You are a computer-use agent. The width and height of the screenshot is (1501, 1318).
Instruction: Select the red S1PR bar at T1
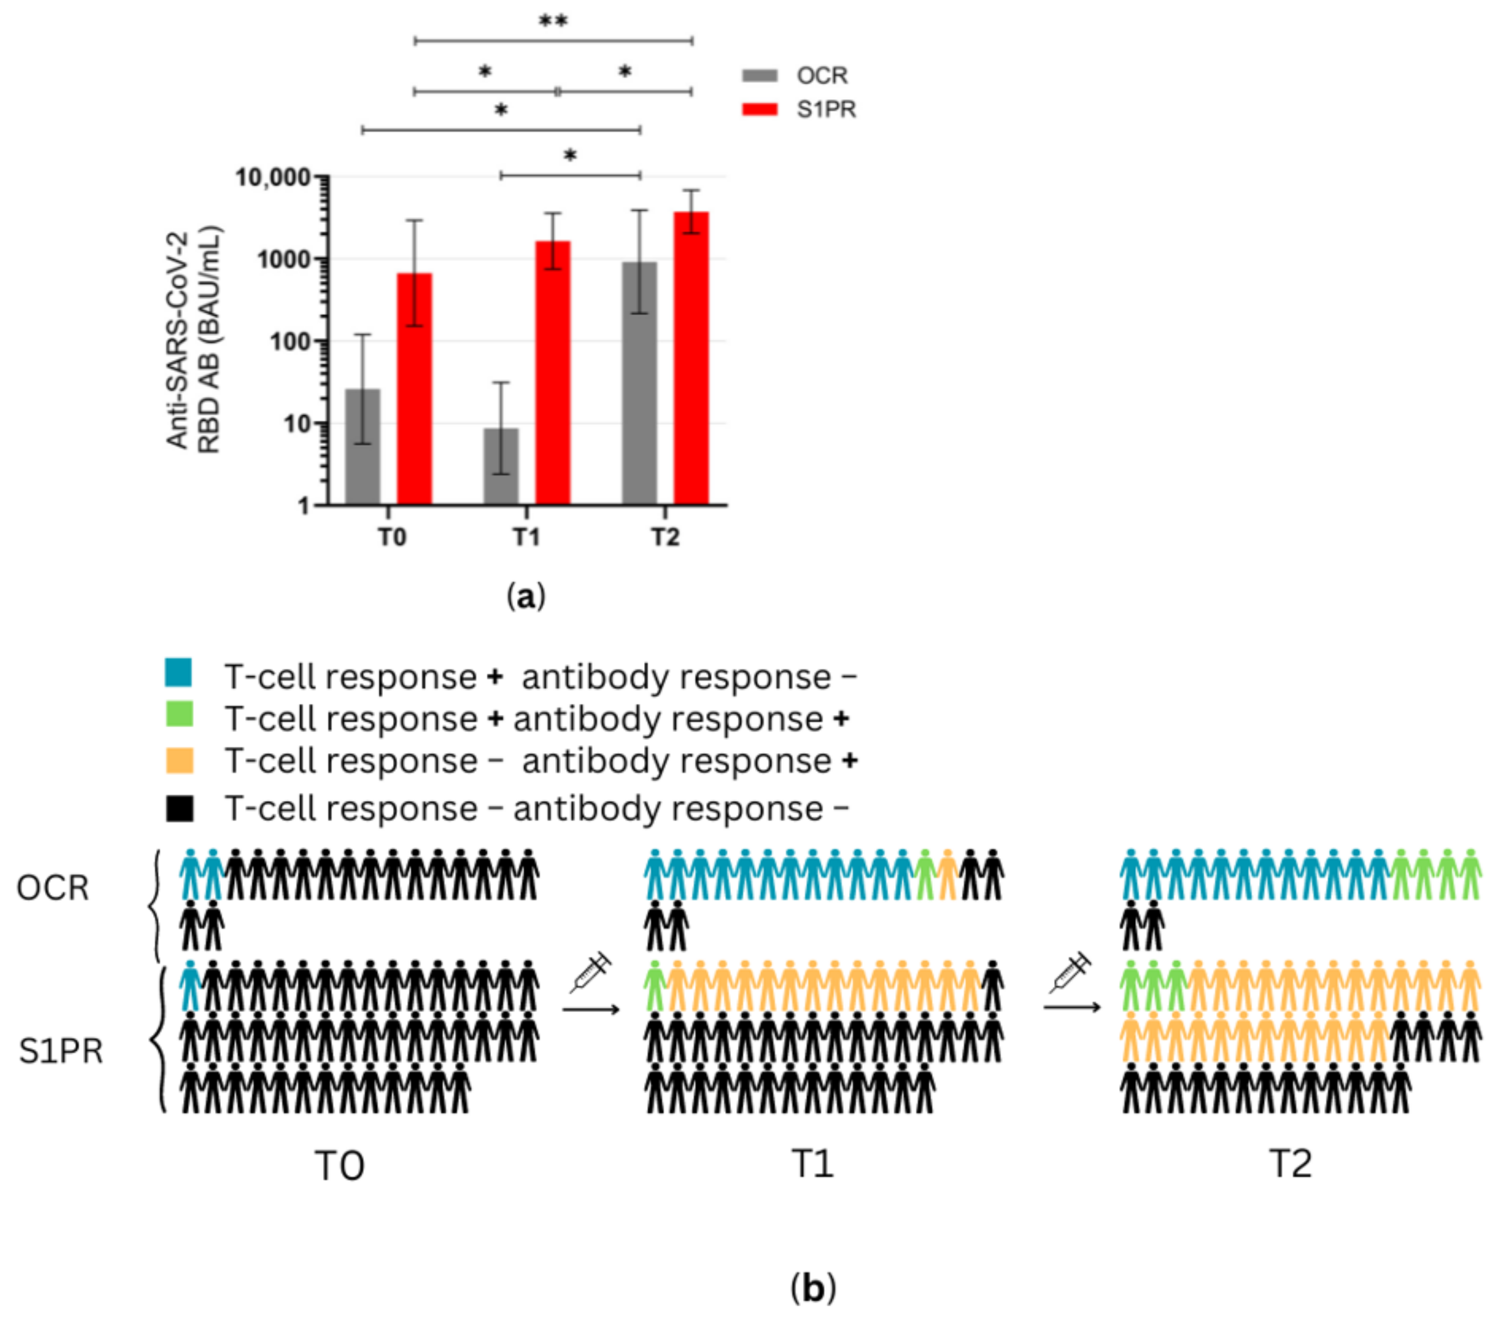(552, 373)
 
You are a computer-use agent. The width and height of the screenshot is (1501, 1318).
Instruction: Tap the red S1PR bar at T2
(691, 359)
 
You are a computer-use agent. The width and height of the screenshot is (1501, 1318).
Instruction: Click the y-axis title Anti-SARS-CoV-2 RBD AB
(193, 340)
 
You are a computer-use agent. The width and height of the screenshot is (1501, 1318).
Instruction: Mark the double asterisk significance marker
(553, 21)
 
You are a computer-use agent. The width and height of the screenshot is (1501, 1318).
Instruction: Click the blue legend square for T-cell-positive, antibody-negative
(178, 672)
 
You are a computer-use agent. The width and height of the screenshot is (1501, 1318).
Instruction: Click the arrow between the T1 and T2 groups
(1072, 1007)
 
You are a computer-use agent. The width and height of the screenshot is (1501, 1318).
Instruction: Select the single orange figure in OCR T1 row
(947, 874)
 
